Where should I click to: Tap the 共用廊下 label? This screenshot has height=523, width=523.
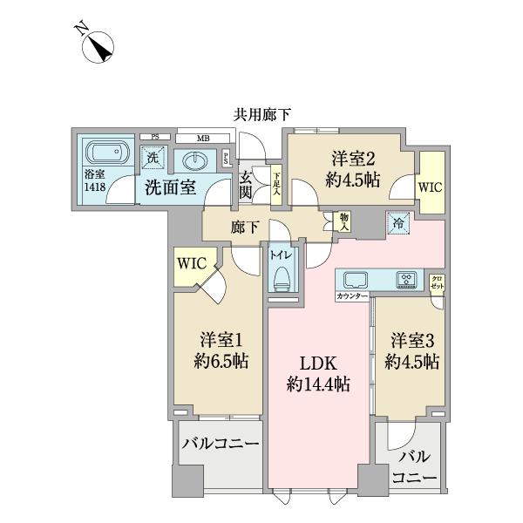[261, 113]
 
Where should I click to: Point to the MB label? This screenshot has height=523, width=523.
[202, 138]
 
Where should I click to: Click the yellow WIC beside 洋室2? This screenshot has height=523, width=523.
[430, 186]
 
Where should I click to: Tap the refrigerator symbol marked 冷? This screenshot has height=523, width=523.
[399, 223]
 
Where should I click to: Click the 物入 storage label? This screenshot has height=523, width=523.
[344, 221]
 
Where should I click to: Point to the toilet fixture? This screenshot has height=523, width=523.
[282, 275]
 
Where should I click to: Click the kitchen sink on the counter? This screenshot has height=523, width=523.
[357, 280]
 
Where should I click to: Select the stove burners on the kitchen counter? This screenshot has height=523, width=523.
[406, 280]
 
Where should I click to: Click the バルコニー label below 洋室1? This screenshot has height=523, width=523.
[220, 444]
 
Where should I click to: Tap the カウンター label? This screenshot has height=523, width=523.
[351, 297]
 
